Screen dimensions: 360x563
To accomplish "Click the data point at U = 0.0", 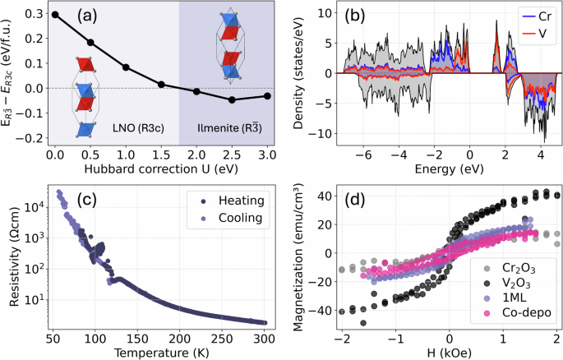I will (x=54, y=15).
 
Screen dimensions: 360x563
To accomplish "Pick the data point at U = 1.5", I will (x=161, y=85).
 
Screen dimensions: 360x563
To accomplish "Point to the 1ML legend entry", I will (x=513, y=295).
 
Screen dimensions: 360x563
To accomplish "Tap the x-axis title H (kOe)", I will (x=450, y=353).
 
